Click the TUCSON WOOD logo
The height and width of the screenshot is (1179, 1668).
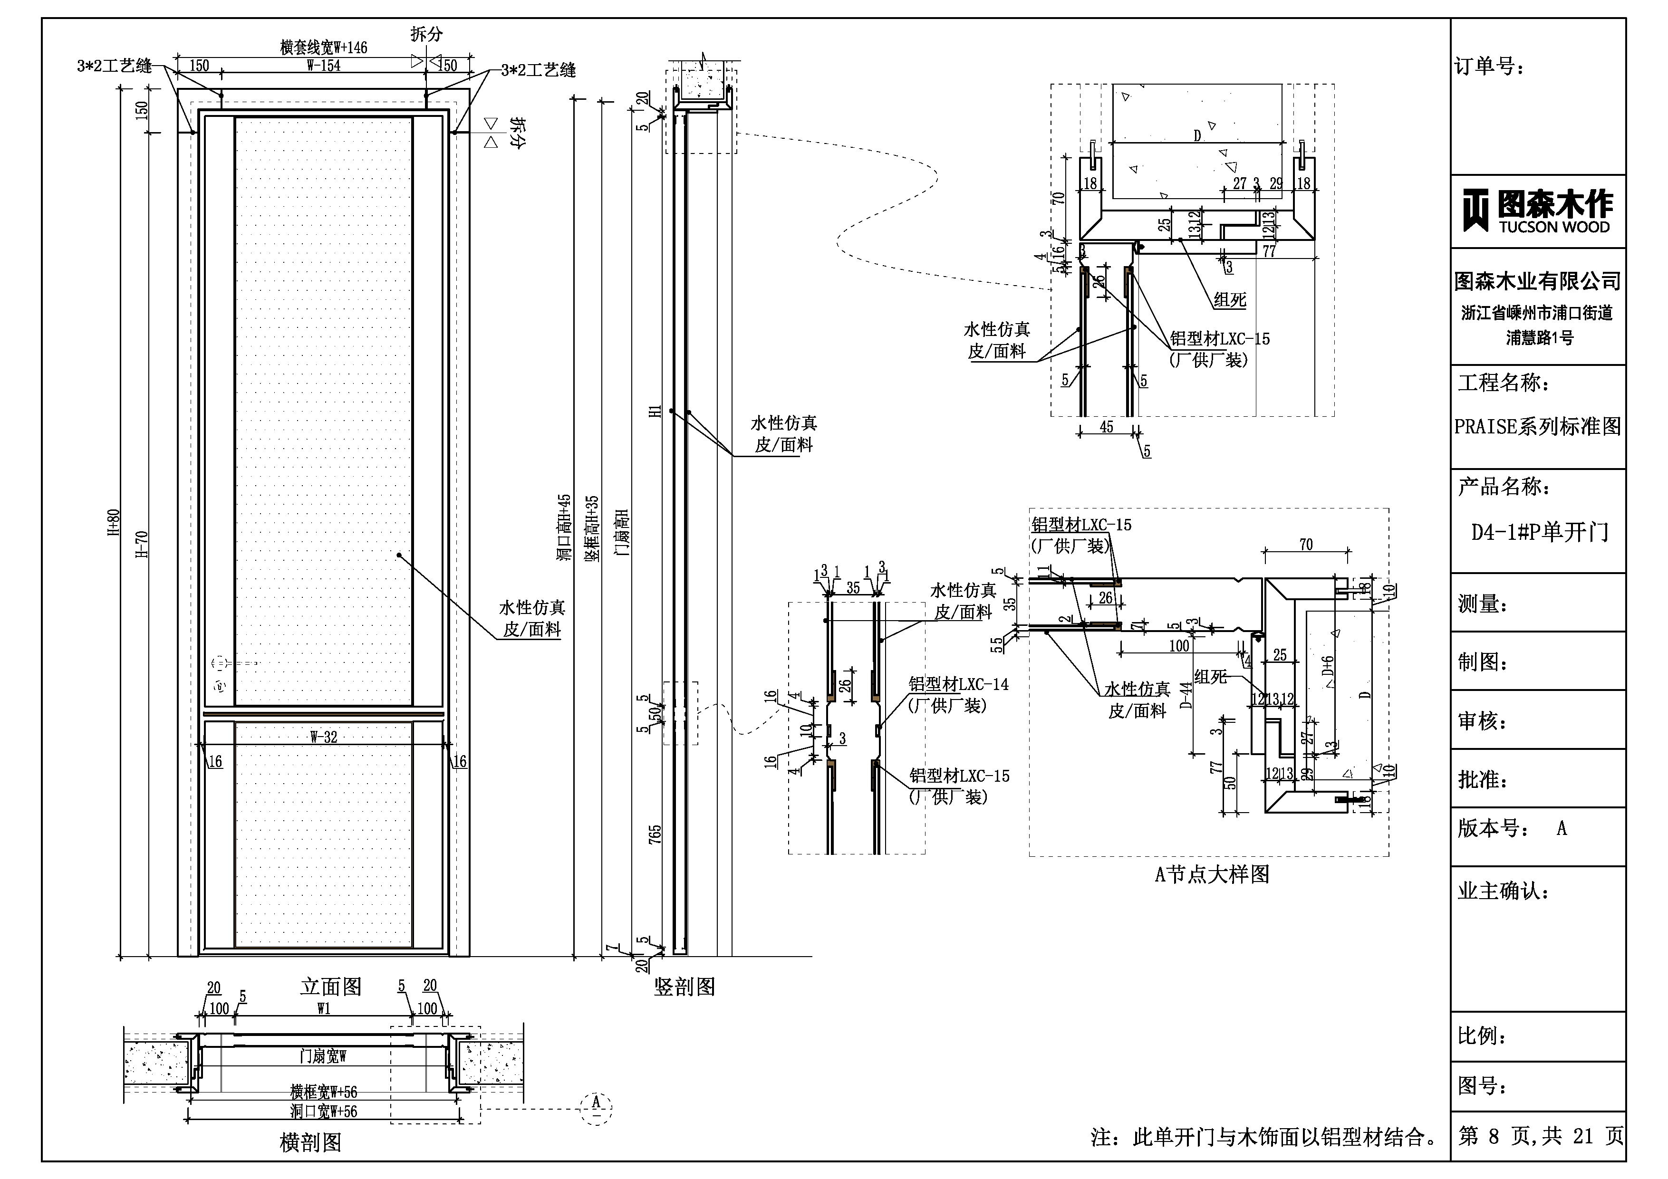tap(1537, 211)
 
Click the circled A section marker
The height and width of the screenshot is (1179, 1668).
tap(596, 1108)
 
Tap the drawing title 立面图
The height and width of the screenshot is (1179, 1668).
tap(330, 987)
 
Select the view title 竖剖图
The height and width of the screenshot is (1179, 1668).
tap(685, 987)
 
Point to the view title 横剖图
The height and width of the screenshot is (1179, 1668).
tap(310, 1143)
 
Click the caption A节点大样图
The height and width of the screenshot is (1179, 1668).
tap(1212, 874)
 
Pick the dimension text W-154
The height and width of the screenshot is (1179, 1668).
tap(323, 66)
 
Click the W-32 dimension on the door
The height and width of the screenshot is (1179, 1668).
tap(323, 737)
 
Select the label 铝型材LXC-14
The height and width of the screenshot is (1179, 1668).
tap(958, 684)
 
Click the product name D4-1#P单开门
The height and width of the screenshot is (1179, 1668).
tap(1539, 533)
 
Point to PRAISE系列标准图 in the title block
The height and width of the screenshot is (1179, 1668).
tap(1537, 426)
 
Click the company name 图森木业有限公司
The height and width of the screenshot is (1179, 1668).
tap(1537, 280)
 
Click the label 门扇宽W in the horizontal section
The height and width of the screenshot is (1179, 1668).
tap(323, 1055)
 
